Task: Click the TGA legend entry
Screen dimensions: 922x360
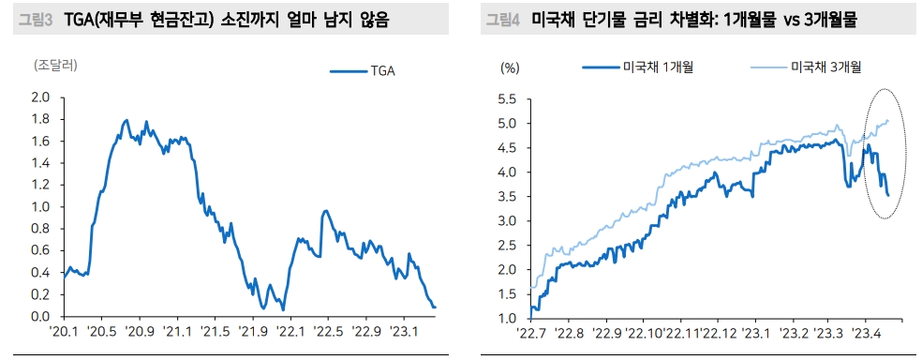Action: [x=363, y=72]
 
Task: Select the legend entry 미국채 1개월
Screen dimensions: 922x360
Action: [x=638, y=67]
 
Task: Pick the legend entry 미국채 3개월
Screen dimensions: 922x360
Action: [x=807, y=67]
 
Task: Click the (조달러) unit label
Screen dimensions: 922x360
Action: [x=56, y=65]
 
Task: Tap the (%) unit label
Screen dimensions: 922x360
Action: [x=509, y=68]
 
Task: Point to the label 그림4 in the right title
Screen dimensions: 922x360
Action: [x=503, y=20]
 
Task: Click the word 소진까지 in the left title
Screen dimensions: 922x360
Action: [x=249, y=20]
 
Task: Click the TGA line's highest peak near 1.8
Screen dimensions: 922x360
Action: [x=126, y=120]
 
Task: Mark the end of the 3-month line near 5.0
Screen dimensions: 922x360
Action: [x=888, y=121]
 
